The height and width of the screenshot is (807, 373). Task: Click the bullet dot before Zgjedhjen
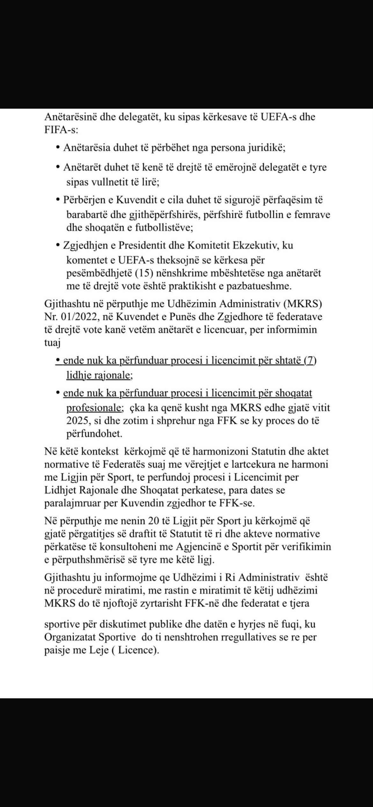coord(58,246)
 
